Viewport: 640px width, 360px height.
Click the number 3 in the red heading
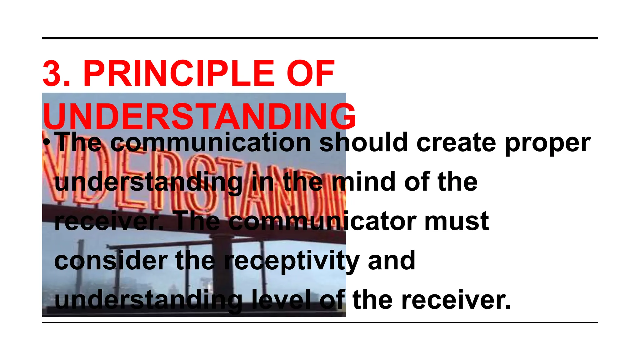click(52, 74)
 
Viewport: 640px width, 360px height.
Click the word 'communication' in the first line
click(211, 142)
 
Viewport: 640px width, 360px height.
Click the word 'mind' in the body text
click(363, 182)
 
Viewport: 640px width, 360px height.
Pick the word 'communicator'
click(322, 221)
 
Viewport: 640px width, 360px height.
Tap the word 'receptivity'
click(292, 262)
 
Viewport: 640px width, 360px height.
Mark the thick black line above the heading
click(320, 38)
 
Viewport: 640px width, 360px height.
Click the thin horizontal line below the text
click(320, 322)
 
